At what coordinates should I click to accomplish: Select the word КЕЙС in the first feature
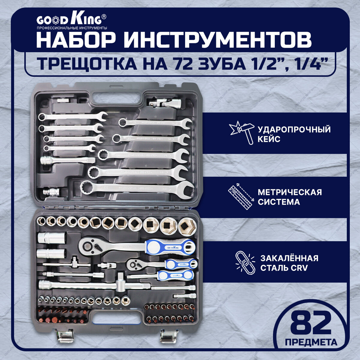pos(269,139)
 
